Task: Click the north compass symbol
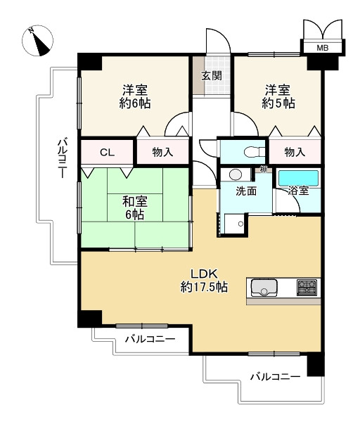[37, 41]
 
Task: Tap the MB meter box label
[322, 48]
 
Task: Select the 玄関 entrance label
[212, 76]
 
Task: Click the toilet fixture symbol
[254, 153]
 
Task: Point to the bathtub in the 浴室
[298, 178]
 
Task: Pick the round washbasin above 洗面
[236, 174]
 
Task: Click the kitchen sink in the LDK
[264, 288]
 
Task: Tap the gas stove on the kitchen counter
[307, 288]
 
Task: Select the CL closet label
[107, 153]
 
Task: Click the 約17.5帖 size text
[204, 287]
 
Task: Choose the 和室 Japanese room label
[135, 202]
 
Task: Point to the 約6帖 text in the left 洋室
[135, 103]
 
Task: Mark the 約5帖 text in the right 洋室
[278, 103]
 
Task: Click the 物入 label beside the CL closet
[162, 153]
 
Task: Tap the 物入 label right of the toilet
[295, 153]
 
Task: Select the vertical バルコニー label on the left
[63, 158]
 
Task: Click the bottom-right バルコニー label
[275, 376]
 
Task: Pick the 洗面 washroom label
[246, 191]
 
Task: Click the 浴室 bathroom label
[298, 191]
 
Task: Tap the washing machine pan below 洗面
[234, 224]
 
